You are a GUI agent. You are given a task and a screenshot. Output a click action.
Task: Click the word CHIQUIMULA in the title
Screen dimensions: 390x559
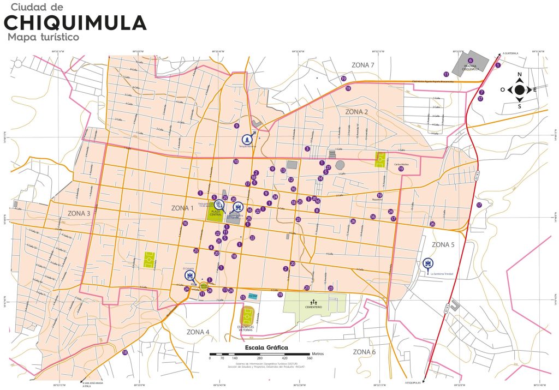75,23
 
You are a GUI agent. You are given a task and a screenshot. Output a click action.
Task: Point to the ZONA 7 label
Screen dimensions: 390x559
363,65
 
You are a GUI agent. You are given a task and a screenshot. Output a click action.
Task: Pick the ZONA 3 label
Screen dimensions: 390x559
79,213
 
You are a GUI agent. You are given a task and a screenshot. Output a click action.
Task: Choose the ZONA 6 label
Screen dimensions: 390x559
364,352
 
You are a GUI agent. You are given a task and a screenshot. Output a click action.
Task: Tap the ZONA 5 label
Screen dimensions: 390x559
443,245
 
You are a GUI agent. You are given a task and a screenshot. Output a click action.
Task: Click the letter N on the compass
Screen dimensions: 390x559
520,74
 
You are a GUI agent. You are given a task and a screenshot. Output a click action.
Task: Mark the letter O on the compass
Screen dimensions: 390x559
502,89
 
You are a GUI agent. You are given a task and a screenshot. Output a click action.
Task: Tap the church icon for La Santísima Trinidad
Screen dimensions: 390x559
427,264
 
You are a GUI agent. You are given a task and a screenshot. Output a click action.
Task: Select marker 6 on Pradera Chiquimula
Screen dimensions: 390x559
470,61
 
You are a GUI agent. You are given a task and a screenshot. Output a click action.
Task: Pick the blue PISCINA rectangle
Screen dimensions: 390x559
252,296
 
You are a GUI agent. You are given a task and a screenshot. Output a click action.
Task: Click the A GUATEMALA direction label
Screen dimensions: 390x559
511,53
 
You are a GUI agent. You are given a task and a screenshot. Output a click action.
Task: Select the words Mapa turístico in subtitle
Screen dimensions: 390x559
44,37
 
